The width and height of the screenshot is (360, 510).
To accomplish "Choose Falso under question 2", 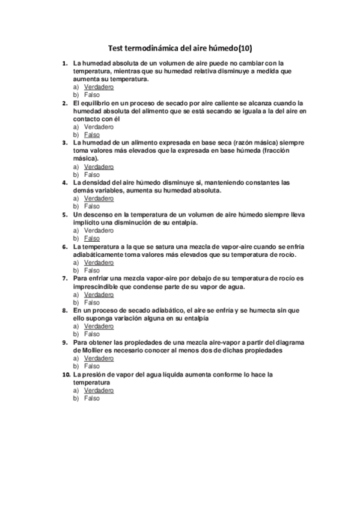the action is (92, 135).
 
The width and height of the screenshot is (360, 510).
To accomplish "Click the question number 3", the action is (65, 143).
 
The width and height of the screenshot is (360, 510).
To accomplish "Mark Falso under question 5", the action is (92, 238).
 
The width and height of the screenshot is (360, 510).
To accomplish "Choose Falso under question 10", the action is (92, 398).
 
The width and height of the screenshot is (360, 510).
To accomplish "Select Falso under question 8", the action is (92, 334).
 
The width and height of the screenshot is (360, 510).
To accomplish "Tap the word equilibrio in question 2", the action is (95, 103).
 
